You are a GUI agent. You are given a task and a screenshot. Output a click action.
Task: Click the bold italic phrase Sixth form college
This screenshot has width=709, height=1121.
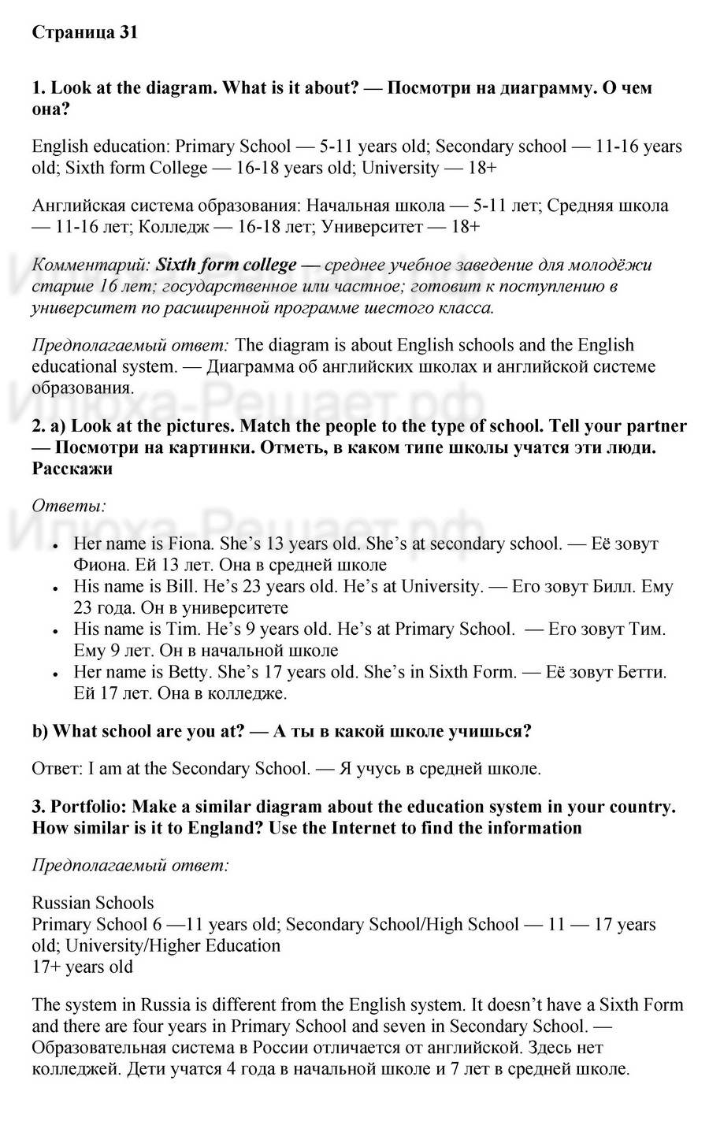pos(226,265)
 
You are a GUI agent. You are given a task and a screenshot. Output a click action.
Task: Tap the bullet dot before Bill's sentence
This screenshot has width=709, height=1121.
pos(54,588)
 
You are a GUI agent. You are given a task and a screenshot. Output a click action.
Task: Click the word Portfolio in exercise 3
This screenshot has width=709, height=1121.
pos(89,807)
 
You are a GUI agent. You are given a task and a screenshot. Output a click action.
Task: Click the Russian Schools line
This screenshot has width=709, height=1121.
pos(93,903)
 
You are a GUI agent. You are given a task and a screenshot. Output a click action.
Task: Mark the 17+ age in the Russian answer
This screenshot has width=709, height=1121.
pos(46,967)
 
